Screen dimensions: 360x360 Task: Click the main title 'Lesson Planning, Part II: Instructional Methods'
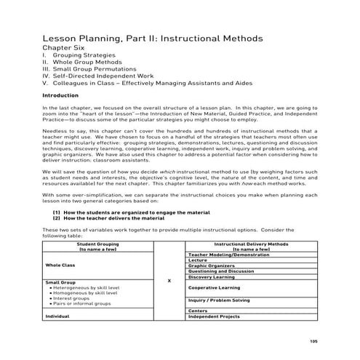[x=152, y=38]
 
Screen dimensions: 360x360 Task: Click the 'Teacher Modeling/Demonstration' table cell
[x=225, y=255]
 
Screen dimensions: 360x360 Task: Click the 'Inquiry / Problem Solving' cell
[x=219, y=300]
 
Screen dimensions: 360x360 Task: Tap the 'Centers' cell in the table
[x=198, y=311]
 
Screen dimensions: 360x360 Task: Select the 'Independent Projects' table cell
[x=214, y=317]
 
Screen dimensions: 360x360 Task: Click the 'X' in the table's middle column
[x=169, y=282]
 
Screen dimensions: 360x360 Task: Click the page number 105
[x=313, y=340]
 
